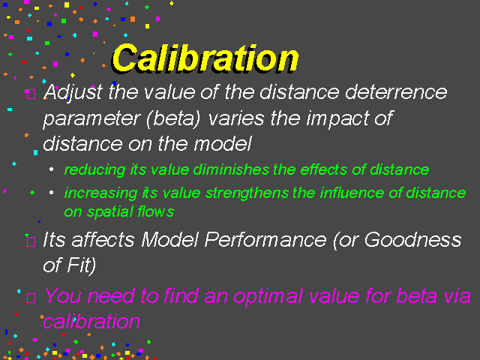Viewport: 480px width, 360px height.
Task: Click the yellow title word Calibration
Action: click(x=205, y=58)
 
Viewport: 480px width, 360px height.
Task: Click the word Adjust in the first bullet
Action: click(x=73, y=92)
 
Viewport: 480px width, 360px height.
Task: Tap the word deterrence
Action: click(x=397, y=91)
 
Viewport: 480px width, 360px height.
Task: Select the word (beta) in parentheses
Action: click(x=173, y=118)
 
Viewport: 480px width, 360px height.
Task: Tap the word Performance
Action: click(x=265, y=239)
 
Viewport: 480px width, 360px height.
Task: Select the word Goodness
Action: click(x=412, y=239)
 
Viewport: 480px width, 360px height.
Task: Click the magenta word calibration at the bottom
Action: click(x=91, y=322)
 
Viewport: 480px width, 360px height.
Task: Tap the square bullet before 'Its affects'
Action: click(x=31, y=241)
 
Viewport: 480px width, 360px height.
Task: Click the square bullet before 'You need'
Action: click(x=31, y=298)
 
